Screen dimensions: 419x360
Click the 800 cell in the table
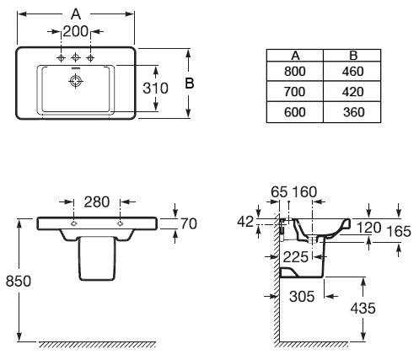(x=295, y=72)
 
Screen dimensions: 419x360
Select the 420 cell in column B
(x=352, y=92)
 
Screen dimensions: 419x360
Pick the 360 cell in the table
(x=352, y=112)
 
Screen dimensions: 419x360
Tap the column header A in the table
(x=295, y=56)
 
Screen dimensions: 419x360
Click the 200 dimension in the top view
(x=75, y=31)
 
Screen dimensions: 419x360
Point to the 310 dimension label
(x=155, y=88)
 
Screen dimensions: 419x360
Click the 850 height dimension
(x=19, y=281)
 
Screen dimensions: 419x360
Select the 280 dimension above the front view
(x=97, y=201)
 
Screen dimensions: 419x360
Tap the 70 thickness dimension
(x=189, y=223)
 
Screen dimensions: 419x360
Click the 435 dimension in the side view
(x=363, y=309)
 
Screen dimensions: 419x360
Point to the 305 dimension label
(x=302, y=297)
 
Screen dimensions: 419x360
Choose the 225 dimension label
(x=296, y=257)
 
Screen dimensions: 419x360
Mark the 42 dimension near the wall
(x=245, y=222)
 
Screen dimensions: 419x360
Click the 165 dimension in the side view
(x=399, y=232)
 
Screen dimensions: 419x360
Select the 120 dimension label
(x=368, y=228)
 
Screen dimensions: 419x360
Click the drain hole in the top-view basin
(x=76, y=81)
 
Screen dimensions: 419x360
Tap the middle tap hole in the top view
(x=75, y=57)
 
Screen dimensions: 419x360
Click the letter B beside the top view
(x=190, y=83)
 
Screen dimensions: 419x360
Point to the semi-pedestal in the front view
(x=97, y=259)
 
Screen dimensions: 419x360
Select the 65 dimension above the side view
(x=279, y=192)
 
